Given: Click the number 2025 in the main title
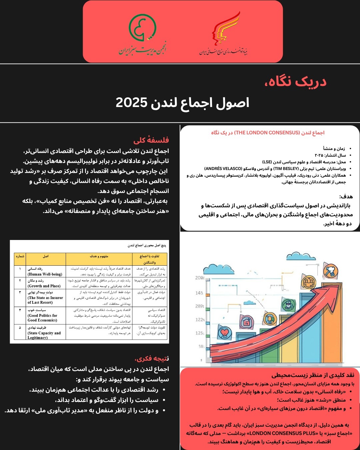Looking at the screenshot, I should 131,103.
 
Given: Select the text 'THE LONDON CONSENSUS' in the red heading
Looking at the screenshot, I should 267,133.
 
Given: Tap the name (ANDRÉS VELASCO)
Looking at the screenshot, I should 223,169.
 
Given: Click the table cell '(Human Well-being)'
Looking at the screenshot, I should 45,274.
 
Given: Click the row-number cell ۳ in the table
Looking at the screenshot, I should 20,292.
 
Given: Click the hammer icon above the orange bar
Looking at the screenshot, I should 330,271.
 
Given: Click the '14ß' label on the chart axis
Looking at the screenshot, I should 199,293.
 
